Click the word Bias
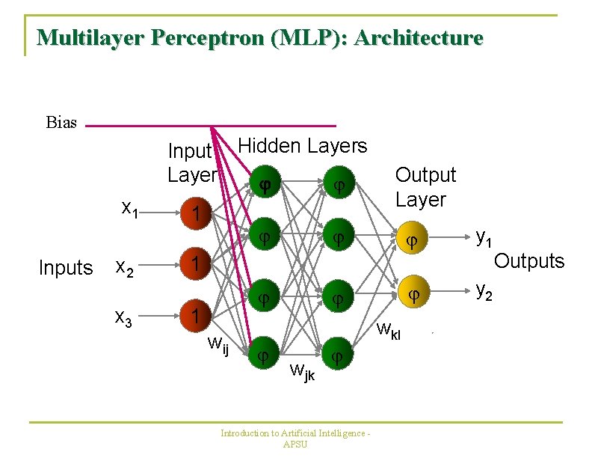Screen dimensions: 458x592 (x=61, y=123)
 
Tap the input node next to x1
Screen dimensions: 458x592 (x=195, y=215)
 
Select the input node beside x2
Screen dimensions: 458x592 (x=195, y=264)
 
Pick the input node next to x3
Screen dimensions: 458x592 (x=195, y=314)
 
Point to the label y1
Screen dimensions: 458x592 (x=484, y=239)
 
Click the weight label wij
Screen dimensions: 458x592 (x=218, y=345)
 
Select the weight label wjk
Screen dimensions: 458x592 (x=302, y=370)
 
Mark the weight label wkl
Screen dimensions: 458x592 (x=389, y=329)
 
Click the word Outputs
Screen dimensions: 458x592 (x=528, y=261)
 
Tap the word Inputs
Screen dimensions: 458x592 (x=65, y=268)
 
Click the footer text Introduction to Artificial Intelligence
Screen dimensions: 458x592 (x=296, y=433)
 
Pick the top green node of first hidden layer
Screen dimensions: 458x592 (x=263, y=184)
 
